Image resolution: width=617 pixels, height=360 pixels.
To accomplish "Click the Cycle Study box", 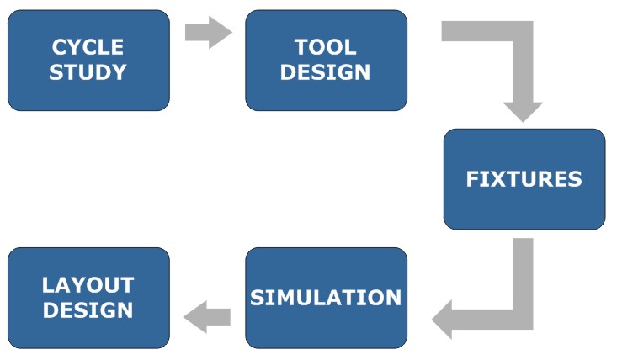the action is pos(88,60).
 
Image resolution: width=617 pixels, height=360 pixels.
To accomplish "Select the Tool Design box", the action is pos(327,60).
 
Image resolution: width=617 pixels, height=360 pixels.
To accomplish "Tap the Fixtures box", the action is pos(524,179).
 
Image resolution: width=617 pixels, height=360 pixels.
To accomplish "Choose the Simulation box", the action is pos(327,298).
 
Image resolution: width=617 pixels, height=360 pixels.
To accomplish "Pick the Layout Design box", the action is pos(88,298).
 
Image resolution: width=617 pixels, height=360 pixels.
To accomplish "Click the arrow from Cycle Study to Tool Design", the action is pos(209,32).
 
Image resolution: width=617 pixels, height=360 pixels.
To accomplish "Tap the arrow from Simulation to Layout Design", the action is pos(207,317).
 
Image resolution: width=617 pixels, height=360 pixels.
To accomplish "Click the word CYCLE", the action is pos(88,47).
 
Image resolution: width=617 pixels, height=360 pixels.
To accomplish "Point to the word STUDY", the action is pos(88,72).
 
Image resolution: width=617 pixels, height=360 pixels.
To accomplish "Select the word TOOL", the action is pos(326,47).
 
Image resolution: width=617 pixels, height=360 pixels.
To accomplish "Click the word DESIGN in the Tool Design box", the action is pos(326,72).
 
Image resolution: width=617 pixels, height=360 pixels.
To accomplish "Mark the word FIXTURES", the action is pos(524,179).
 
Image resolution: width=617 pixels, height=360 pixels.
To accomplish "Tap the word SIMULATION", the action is pos(326,298).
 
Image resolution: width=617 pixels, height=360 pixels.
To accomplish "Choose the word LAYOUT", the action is pos(88,285).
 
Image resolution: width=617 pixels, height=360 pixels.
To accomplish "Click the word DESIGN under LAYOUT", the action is pos(88,310).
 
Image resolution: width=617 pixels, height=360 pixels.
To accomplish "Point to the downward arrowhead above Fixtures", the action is pos(523,113).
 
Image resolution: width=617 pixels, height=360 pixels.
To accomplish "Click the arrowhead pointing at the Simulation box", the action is pos(442,320).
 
